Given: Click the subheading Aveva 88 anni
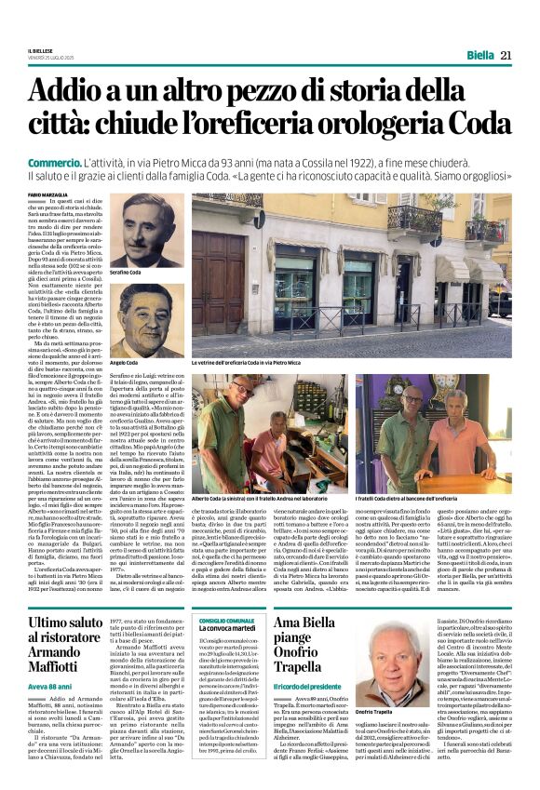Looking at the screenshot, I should tap(50, 659).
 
